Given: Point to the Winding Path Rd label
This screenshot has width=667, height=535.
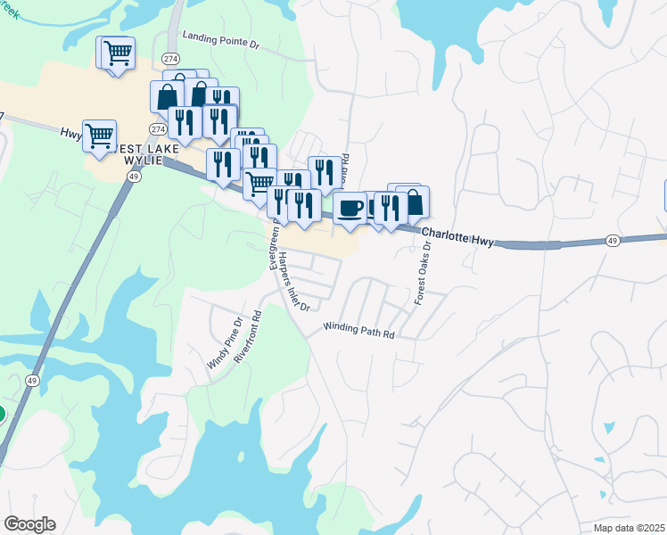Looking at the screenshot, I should coord(358,331).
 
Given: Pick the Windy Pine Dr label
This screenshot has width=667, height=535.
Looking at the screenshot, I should coord(225,343).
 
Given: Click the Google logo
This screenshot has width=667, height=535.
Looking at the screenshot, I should coord(29,523).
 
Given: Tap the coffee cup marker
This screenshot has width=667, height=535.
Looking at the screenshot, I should coord(350,208).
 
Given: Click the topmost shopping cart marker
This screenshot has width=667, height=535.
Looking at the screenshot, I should coord(118,52).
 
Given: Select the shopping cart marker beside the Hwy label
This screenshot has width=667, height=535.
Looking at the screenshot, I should coord(99,136).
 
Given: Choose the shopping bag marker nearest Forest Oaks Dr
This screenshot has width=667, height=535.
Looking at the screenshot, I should coord(413,202).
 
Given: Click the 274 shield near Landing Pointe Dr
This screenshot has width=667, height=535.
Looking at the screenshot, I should coord(170,58).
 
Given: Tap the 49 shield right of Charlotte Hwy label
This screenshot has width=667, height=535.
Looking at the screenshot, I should coord(612,241).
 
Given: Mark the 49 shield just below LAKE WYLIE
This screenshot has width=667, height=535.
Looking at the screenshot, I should coord(133,177).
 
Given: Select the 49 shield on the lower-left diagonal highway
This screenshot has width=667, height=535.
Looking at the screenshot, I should coord(32,380).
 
